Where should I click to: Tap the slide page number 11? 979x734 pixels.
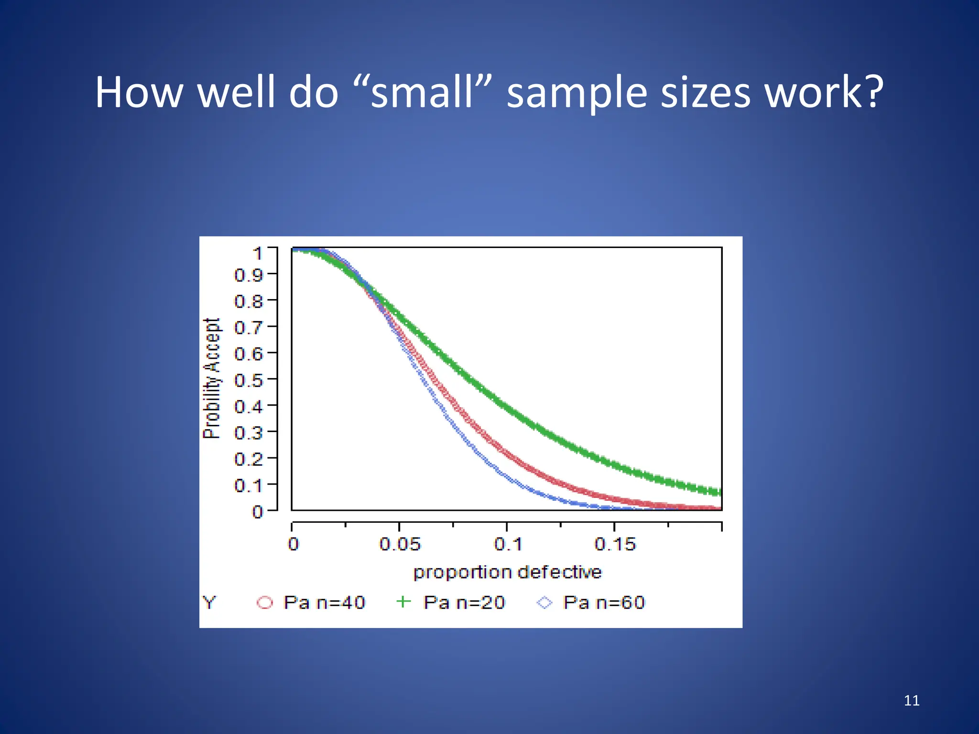[912, 701]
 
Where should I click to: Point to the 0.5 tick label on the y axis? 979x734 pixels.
[249, 381]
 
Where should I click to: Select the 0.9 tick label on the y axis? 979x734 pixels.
[249, 275]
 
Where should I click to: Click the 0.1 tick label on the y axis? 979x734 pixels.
[249, 486]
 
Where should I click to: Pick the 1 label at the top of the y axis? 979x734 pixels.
[258, 254]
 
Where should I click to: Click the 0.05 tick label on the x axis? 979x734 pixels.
[400, 544]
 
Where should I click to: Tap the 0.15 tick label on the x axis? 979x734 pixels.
[615, 544]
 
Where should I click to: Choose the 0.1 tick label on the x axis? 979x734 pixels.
[508, 544]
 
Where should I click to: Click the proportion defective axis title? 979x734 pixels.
[507, 572]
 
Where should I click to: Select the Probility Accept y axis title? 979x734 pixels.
[212, 378]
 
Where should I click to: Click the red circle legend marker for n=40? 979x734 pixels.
[265, 603]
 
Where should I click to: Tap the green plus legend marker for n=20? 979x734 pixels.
[404, 602]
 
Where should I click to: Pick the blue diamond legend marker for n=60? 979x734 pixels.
[544, 603]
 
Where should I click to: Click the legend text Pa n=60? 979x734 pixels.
[604, 603]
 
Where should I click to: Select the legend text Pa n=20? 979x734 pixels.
[464, 603]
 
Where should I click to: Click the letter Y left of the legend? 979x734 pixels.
[209, 603]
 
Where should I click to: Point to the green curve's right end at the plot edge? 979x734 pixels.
[718, 492]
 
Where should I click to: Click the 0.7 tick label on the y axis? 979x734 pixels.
[249, 328]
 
